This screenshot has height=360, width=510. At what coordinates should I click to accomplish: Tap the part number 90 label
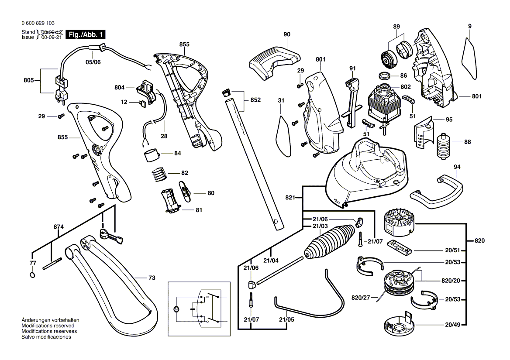(x=286, y=34)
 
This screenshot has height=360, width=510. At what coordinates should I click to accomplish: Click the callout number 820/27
(x=361, y=298)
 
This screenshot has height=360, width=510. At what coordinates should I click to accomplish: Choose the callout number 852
(x=255, y=100)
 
